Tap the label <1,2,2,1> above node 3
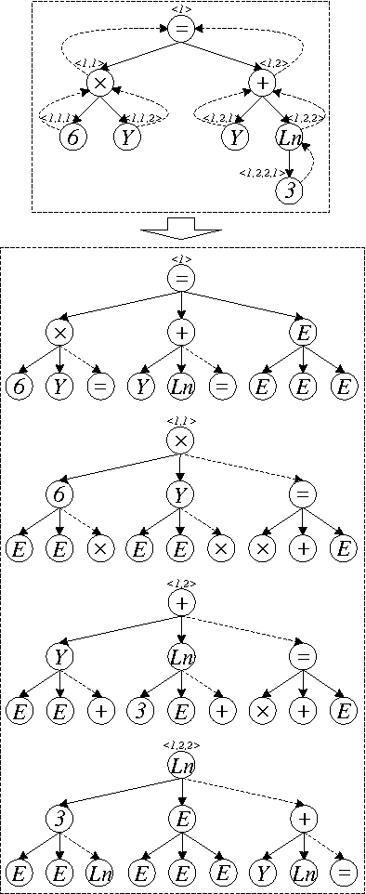tap(257, 172)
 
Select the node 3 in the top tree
tap(290, 191)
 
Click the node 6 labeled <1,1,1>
tap(72, 138)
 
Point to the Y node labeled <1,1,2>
tap(126, 138)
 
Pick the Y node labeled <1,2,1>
tap(235, 138)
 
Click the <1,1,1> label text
tap(56, 117)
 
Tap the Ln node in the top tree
tap(290, 138)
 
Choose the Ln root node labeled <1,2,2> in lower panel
tap(181, 765)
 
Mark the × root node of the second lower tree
tap(181, 441)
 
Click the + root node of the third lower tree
tap(181, 603)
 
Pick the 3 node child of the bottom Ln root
tap(59, 819)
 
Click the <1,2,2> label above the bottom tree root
tap(181, 744)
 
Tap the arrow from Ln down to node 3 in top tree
tap(290, 164)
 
